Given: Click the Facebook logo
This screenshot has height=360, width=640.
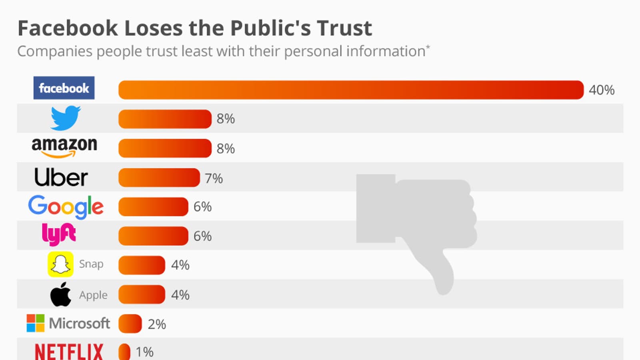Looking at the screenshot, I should tap(64, 88).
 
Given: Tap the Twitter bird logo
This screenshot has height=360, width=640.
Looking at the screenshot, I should tap(65, 118).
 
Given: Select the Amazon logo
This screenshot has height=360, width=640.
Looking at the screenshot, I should tap(64, 147).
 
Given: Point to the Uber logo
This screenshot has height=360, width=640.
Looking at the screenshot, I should tap(61, 177).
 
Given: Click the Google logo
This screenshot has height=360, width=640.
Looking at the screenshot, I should tap(66, 207).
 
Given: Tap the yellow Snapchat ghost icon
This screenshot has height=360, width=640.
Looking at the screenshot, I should tap(60, 264).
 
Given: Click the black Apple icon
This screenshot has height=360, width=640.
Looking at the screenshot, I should tap(60, 295).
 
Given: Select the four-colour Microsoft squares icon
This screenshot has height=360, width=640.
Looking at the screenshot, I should tap(36, 323).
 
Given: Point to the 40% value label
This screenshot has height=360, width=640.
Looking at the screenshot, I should tap(602, 90).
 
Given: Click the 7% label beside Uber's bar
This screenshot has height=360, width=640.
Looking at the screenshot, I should tap(214, 178).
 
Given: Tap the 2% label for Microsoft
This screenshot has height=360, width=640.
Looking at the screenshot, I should tap(157, 324).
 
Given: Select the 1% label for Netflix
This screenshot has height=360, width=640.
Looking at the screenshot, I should tap(144, 352).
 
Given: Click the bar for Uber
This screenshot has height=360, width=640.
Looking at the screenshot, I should tap(159, 178).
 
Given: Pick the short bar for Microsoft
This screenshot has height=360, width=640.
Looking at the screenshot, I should tap(130, 324).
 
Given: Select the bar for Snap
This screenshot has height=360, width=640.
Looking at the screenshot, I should tap(142, 265).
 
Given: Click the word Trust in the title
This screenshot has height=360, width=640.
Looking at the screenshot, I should tap(344, 28).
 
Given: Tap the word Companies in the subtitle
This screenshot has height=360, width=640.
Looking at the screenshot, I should tap(55, 51).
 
